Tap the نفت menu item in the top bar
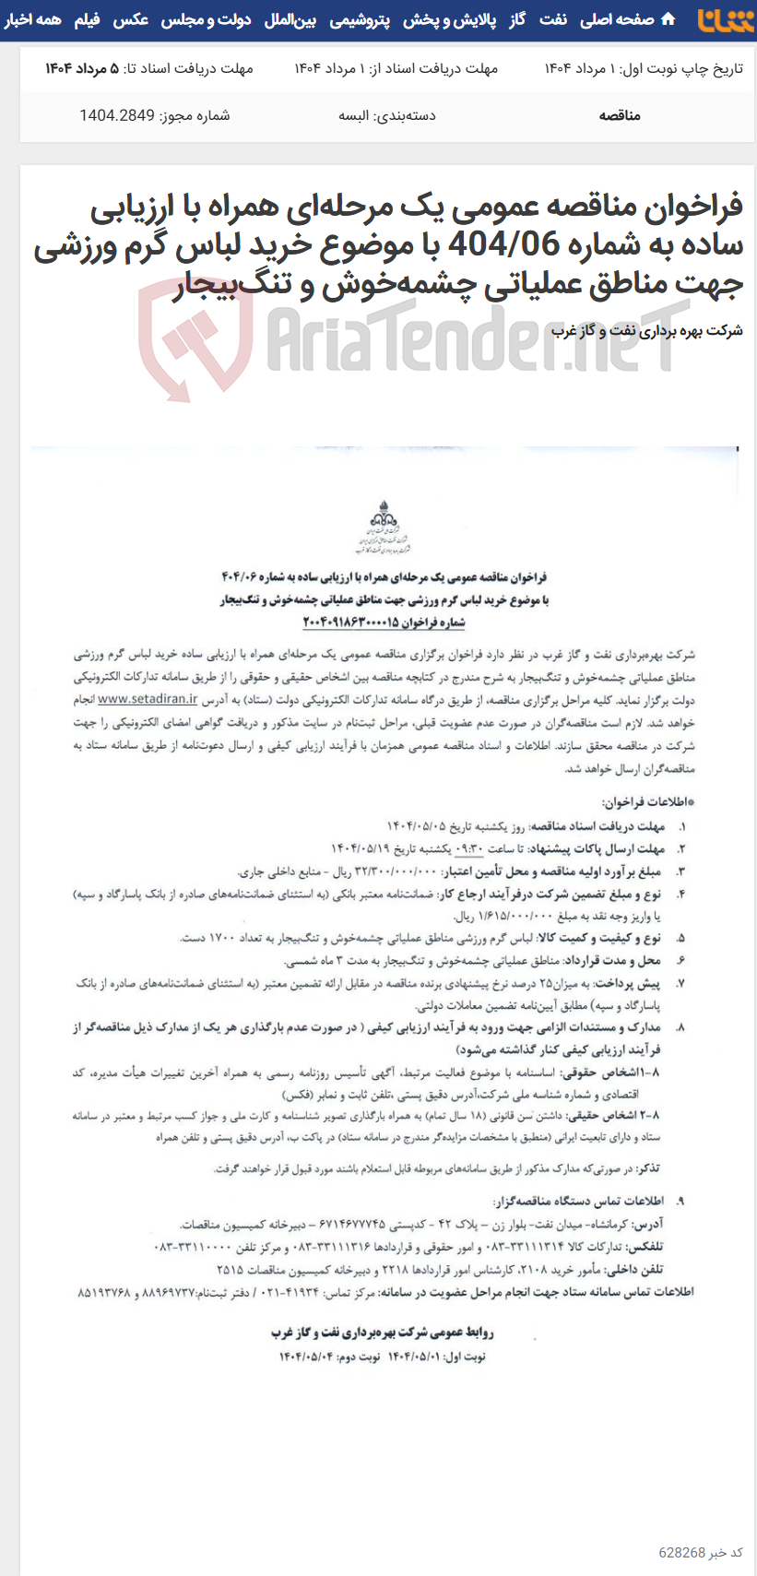pyautogui.click(x=553, y=19)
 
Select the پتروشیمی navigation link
pyautogui.click(x=359, y=19)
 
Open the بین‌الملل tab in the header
pyautogui.click(x=290, y=19)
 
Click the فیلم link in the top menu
pyautogui.click(x=88, y=19)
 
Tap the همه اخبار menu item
pyautogui.click(x=32, y=19)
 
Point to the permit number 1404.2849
pyautogui.click(x=109, y=115)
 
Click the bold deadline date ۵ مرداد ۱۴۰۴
pyautogui.click(x=82, y=68)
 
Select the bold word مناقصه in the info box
pyautogui.click(x=620, y=115)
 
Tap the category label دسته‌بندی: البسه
pyautogui.click(x=387, y=115)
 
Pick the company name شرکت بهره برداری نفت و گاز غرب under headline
pyautogui.click(x=647, y=330)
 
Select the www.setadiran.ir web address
pyautogui.click(x=148, y=700)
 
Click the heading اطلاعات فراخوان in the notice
pyautogui.click(x=645, y=802)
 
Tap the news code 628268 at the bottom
pyautogui.click(x=682, y=1552)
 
